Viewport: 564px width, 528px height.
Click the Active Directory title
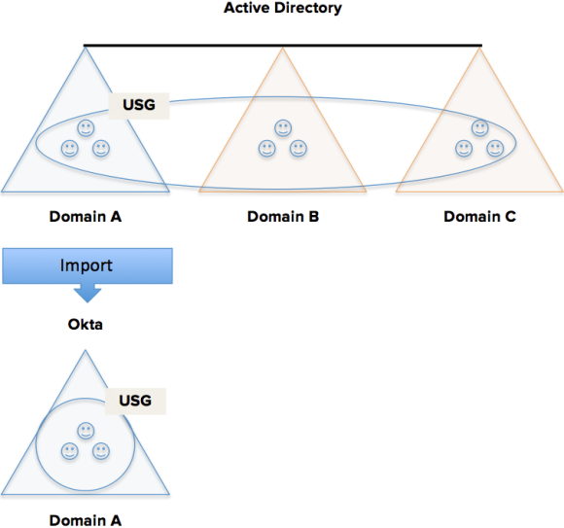pyautogui.click(x=283, y=8)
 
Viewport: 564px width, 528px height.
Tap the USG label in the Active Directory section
pyautogui.click(x=139, y=105)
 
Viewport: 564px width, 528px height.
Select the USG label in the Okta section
pyautogui.click(x=135, y=401)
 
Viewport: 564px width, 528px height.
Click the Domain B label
pyautogui.click(x=283, y=217)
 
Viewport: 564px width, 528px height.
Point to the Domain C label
pyautogui.click(x=479, y=217)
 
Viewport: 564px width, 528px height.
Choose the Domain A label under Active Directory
pyautogui.click(x=86, y=217)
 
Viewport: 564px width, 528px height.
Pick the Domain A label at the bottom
pyautogui.click(x=86, y=520)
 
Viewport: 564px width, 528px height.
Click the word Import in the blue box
pyautogui.click(x=87, y=265)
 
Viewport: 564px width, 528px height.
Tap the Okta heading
pyautogui.click(x=86, y=325)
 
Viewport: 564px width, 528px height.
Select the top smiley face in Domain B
pyautogui.click(x=283, y=128)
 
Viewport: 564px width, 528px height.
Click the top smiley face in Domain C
pyautogui.click(x=479, y=128)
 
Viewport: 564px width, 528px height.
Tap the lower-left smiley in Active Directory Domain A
pyautogui.click(x=70, y=148)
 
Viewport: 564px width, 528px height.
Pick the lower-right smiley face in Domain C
pyautogui.click(x=495, y=148)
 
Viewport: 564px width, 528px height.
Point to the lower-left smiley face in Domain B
pyautogui.click(x=266, y=148)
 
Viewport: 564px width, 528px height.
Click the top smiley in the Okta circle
pyautogui.click(x=86, y=431)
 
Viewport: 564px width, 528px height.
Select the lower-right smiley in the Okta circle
pyautogui.click(x=101, y=451)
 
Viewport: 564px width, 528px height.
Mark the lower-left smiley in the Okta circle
pyautogui.click(x=70, y=451)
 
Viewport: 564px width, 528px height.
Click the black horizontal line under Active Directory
pyautogui.click(x=283, y=46)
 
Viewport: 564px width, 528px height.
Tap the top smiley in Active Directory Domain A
pyautogui.click(x=86, y=128)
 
